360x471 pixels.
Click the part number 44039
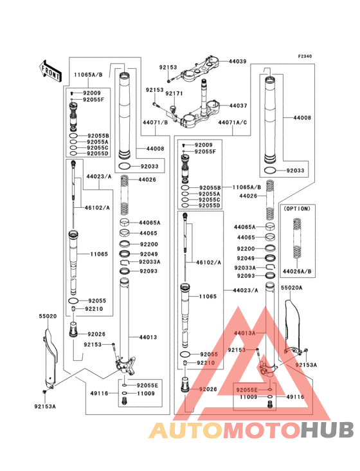237,61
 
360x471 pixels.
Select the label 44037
238,106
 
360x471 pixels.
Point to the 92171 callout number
174,94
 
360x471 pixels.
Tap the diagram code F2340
305,56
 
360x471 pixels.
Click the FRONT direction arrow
50,71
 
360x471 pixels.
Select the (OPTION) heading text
297,208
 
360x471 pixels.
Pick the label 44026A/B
297,272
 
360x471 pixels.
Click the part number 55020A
291,288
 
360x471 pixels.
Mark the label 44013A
244,333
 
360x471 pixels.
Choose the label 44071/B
155,122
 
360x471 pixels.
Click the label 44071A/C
233,122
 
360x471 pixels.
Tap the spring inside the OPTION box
297,239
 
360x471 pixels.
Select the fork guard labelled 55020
50,358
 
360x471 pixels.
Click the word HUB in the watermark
328,430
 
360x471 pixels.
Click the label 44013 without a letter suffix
148,337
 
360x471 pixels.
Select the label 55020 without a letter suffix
48,316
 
